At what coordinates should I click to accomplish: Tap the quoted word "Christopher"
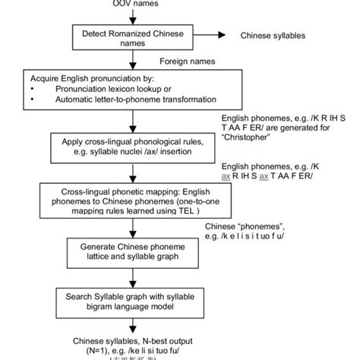(x=248, y=140)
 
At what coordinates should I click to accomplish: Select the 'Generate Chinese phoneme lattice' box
(x=134, y=252)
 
